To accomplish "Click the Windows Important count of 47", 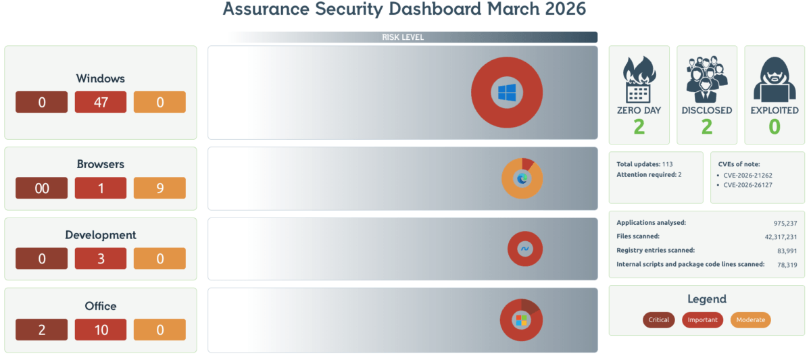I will (101, 102).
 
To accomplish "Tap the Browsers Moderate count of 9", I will (159, 188).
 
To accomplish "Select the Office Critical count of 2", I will (42, 330).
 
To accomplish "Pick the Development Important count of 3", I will (101, 259).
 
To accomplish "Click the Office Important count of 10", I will (101, 330).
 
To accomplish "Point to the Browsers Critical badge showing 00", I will (42, 188).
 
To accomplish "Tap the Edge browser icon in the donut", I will (522, 178).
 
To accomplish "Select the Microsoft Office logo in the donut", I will (521, 319).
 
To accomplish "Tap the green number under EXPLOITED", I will (775, 126).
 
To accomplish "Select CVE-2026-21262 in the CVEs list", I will (747, 175).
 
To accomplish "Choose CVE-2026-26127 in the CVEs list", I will (747, 184).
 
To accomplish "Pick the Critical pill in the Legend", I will (659, 319).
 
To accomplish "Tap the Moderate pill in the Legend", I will (751, 319).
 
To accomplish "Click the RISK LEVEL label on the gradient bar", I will (403, 37).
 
